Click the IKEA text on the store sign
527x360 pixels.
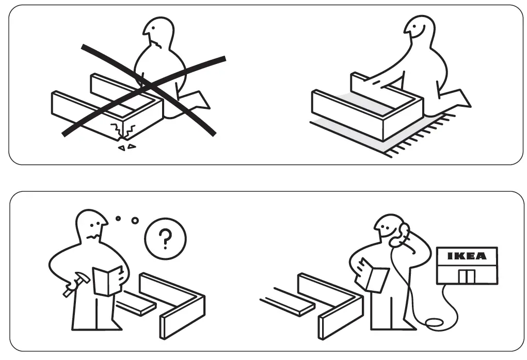466,256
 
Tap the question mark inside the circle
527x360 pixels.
165,238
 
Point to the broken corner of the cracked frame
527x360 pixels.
122,132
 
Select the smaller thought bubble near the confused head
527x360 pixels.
118,218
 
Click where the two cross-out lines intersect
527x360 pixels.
146,83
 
